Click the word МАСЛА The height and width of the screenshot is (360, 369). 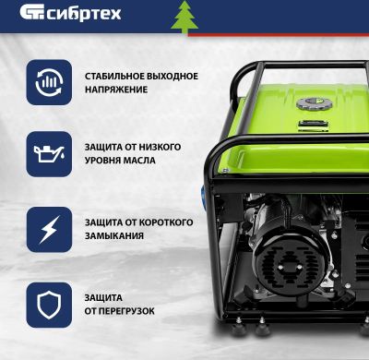(x=136, y=161)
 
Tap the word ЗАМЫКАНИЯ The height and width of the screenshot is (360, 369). (x=113, y=236)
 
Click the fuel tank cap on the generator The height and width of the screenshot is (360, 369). (x=314, y=104)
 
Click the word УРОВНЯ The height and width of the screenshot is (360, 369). (x=101, y=161)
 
